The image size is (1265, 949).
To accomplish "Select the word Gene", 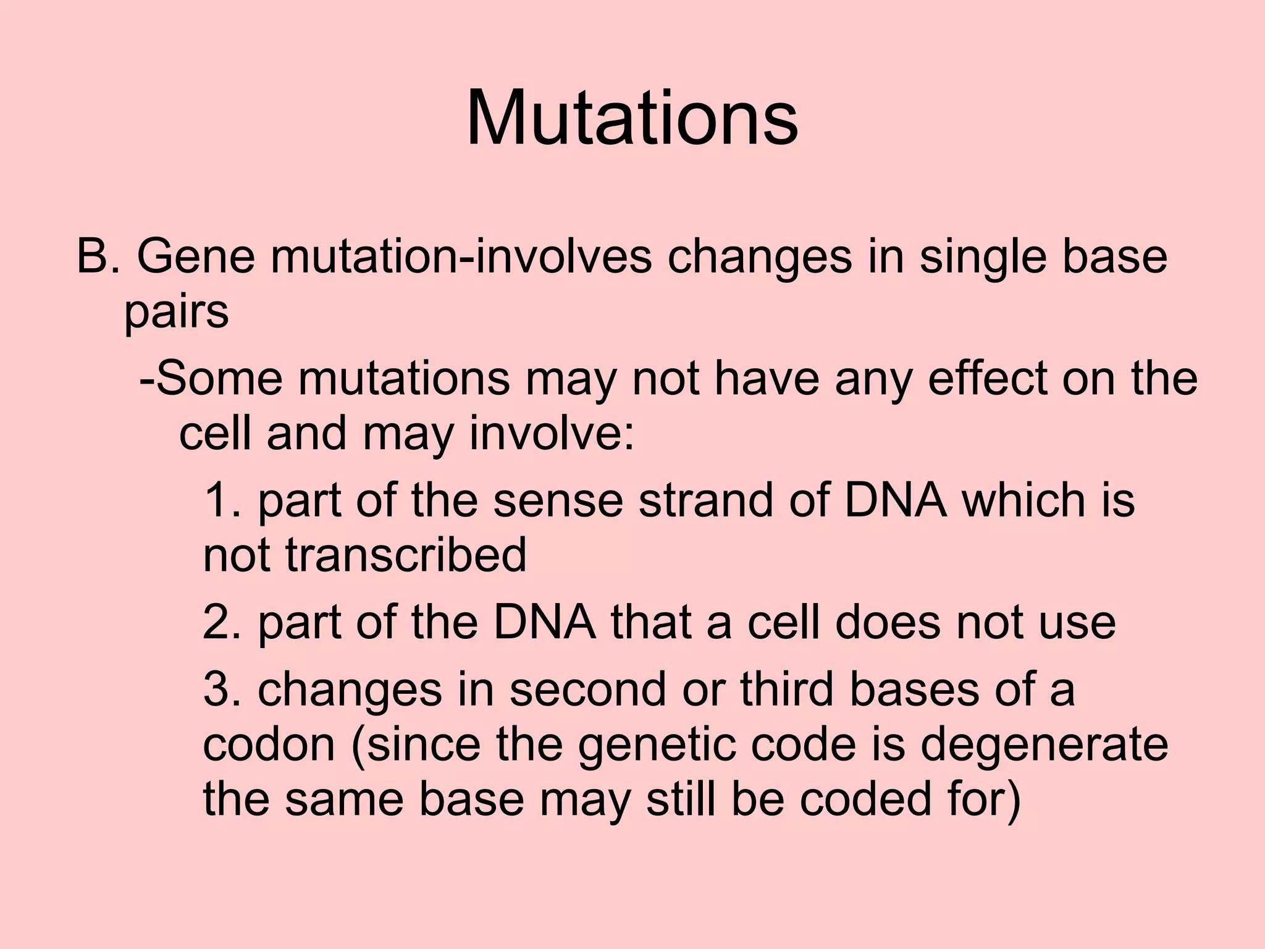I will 195,256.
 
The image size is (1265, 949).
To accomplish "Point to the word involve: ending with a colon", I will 552,434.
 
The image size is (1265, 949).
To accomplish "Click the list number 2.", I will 222,622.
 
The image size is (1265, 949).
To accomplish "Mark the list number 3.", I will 222,689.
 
